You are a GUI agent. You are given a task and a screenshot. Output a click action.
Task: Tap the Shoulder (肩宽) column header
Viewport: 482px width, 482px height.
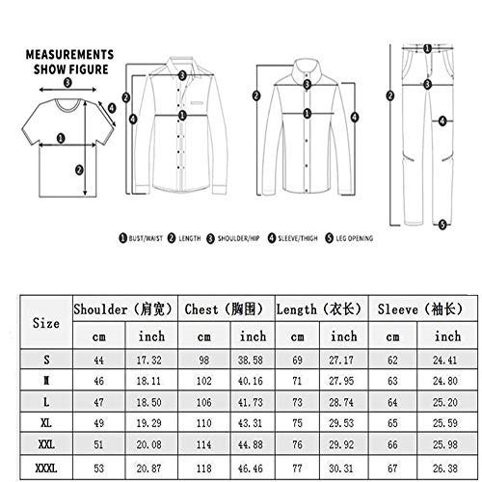[123, 309]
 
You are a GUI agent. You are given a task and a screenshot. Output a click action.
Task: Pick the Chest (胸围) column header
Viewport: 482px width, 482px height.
[225, 309]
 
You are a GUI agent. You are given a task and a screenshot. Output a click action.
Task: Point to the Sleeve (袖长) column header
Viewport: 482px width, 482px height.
[421, 309]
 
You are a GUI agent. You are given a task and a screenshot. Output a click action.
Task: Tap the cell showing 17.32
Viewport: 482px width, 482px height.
[150, 358]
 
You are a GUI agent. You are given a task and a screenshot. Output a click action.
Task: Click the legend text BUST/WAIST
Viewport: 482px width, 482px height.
[148, 236]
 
